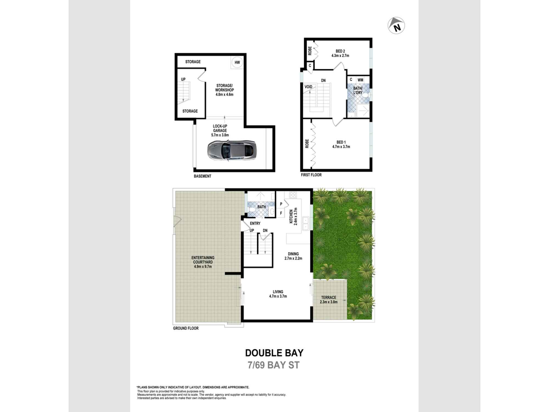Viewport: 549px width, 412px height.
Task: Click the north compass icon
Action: (396, 26)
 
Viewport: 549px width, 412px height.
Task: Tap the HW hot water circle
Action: (237, 62)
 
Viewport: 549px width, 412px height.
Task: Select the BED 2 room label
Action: (340, 53)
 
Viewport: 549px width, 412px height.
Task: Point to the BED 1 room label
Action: (341, 144)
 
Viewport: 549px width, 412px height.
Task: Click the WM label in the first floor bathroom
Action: (360, 80)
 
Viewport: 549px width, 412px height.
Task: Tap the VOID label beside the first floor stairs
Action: (308, 87)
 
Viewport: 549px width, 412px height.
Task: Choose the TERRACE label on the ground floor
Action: (329, 299)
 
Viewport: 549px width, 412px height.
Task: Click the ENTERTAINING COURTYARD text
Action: (203, 262)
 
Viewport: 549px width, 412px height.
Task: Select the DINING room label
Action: (293, 256)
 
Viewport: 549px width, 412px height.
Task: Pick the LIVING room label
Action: (278, 294)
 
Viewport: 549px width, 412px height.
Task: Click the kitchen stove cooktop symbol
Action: (293, 195)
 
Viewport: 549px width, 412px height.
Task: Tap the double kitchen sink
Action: (306, 223)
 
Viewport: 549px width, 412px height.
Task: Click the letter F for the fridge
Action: (281, 213)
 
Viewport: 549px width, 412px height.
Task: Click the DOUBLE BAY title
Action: (274, 353)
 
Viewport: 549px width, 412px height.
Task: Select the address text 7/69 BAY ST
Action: (273, 365)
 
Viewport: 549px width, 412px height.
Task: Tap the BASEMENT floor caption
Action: (202, 176)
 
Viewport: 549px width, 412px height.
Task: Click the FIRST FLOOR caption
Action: (311, 175)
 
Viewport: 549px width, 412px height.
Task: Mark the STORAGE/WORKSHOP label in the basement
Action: (224, 90)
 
